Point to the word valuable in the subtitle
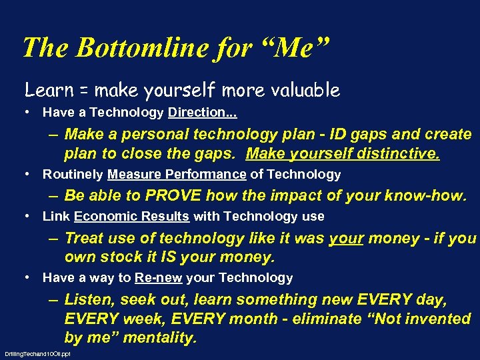305,89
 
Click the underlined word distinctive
395,154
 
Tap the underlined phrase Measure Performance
177,175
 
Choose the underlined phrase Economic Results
132,216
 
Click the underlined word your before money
346,238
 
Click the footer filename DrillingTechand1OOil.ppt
37,353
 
